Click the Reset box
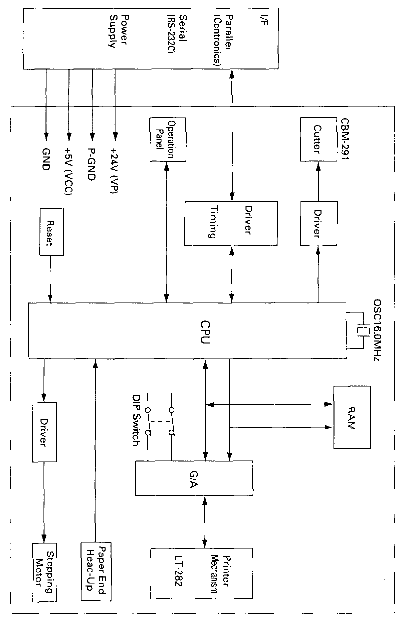click(x=51, y=233)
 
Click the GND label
click(x=46, y=160)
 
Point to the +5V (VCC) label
click(x=69, y=174)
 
